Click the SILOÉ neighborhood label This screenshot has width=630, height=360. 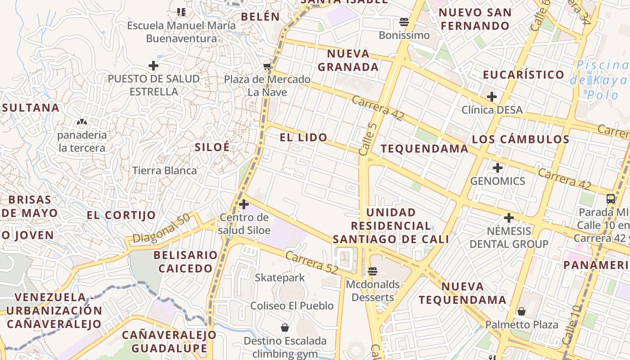pos(212,147)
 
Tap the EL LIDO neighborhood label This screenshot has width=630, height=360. pos(303,138)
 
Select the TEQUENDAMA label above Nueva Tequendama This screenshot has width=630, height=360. pos(424,149)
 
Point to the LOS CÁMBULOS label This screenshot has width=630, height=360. pos(521,139)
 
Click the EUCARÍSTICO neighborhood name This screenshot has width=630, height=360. pos(523,75)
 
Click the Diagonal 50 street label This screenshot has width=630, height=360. pos(161,229)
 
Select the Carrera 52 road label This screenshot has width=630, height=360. pos(311,261)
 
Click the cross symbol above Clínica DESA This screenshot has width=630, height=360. pos(492,97)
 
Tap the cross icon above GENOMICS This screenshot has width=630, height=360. pos(497,168)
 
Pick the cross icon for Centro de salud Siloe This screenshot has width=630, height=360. pos(244,205)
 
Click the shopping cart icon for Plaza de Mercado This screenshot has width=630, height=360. pos(267,67)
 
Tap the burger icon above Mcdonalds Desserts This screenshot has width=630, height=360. pos(372,271)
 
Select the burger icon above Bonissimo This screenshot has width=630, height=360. pos(404,22)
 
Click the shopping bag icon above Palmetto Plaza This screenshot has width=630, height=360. pos(521,311)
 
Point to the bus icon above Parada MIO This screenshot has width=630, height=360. pos(611,198)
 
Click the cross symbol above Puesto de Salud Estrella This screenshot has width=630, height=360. pos(153,66)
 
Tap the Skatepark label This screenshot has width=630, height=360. pos(280,278)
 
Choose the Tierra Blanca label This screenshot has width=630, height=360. pos(164,171)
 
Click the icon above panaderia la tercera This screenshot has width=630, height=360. pos(82,121)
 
